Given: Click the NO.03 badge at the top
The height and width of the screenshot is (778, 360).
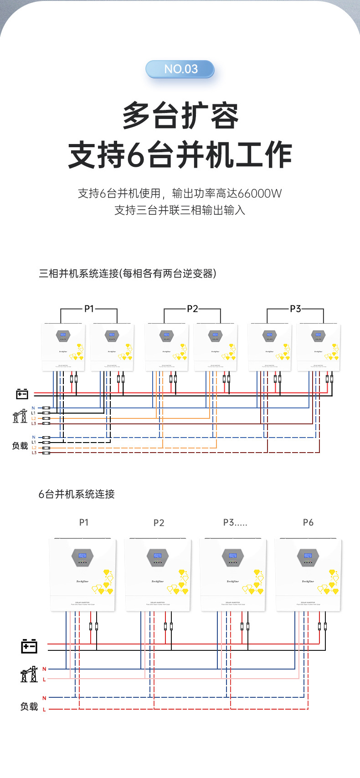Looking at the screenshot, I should point(180,69).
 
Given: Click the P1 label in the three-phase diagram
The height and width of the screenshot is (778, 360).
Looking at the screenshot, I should point(89,309).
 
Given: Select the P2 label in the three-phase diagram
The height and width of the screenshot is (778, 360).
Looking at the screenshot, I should point(192,309).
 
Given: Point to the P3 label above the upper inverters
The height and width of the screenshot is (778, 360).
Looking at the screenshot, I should point(295,309).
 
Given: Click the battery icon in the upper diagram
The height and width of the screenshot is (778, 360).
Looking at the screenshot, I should point(22,393).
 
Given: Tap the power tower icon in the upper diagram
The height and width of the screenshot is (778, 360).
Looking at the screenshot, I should point(20,416).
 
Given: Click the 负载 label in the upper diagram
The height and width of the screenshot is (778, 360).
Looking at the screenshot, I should point(20,446).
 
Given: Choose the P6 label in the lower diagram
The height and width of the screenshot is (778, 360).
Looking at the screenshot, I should point(308,522).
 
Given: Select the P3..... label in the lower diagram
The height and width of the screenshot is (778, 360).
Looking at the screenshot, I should point(235,522).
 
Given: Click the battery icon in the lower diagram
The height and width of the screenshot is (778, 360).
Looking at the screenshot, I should point(29,646).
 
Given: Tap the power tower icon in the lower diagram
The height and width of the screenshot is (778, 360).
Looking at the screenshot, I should point(29,674).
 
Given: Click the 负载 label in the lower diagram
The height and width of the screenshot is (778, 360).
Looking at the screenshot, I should point(29,706).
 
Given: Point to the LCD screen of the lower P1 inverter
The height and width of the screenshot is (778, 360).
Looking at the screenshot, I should point(82,556).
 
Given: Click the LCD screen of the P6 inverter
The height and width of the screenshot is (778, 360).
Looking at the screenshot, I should point(308,556).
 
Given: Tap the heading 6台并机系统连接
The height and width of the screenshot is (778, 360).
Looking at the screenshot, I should point(77,494).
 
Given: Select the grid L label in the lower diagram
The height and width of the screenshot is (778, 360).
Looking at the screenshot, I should point(44,680).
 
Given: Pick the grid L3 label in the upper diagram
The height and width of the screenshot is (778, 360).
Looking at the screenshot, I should point(34,424).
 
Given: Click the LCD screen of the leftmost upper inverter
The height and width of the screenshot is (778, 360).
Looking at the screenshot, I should point(63,335).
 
